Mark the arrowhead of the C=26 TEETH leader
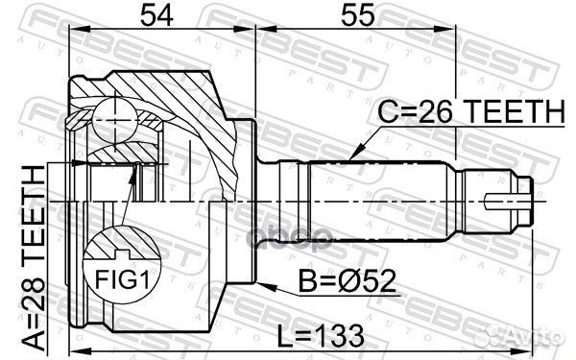pyautogui.click(x=353, y=156)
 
